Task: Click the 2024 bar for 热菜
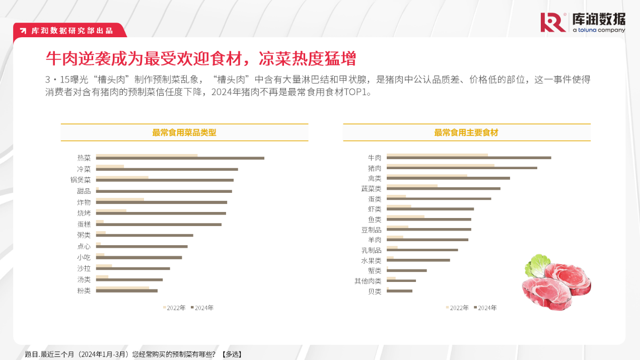[x=180, y=158]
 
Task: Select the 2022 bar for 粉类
[x=122, y=288]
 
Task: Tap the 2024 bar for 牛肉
[x=468, y=158]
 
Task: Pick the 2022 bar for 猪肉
[x=440, y=165]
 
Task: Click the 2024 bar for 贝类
[x=399, y=291]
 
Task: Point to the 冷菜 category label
[x=84, y=169]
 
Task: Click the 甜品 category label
[x=84, y=191]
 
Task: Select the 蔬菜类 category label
[x=371, y=189]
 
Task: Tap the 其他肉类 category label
[x=368, y=281]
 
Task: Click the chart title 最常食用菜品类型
[x=184, y=133]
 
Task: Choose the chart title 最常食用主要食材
[x=466, y=133]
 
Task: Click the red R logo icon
[x=553, y=23]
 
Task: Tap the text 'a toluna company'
[x=599, y=30]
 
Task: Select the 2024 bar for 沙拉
[x=133, y=268]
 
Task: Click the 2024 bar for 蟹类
[x=406, y=270]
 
